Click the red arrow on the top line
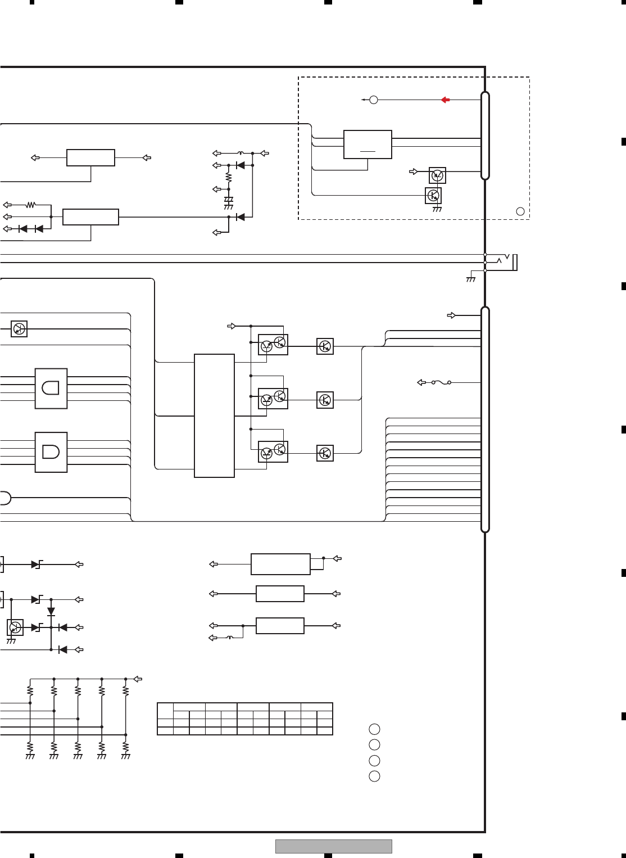(444, 100)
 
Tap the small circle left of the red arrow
(374, 100)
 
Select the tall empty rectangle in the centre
(214, 416)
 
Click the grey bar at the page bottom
(333, 846)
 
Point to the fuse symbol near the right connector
(441, 383)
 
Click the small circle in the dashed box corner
(520, 211)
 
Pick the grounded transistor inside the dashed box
(433, 196)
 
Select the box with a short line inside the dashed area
(368, 144)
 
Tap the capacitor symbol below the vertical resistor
(229, 200)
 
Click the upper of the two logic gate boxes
(51, 389)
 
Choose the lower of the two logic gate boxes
(51, 452)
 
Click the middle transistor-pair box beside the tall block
(273, 399)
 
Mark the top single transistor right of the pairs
(325, 346)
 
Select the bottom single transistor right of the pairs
(325, 453)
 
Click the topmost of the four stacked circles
(374, 729)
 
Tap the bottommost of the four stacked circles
(374, 776)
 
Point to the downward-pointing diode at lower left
(51, 611)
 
